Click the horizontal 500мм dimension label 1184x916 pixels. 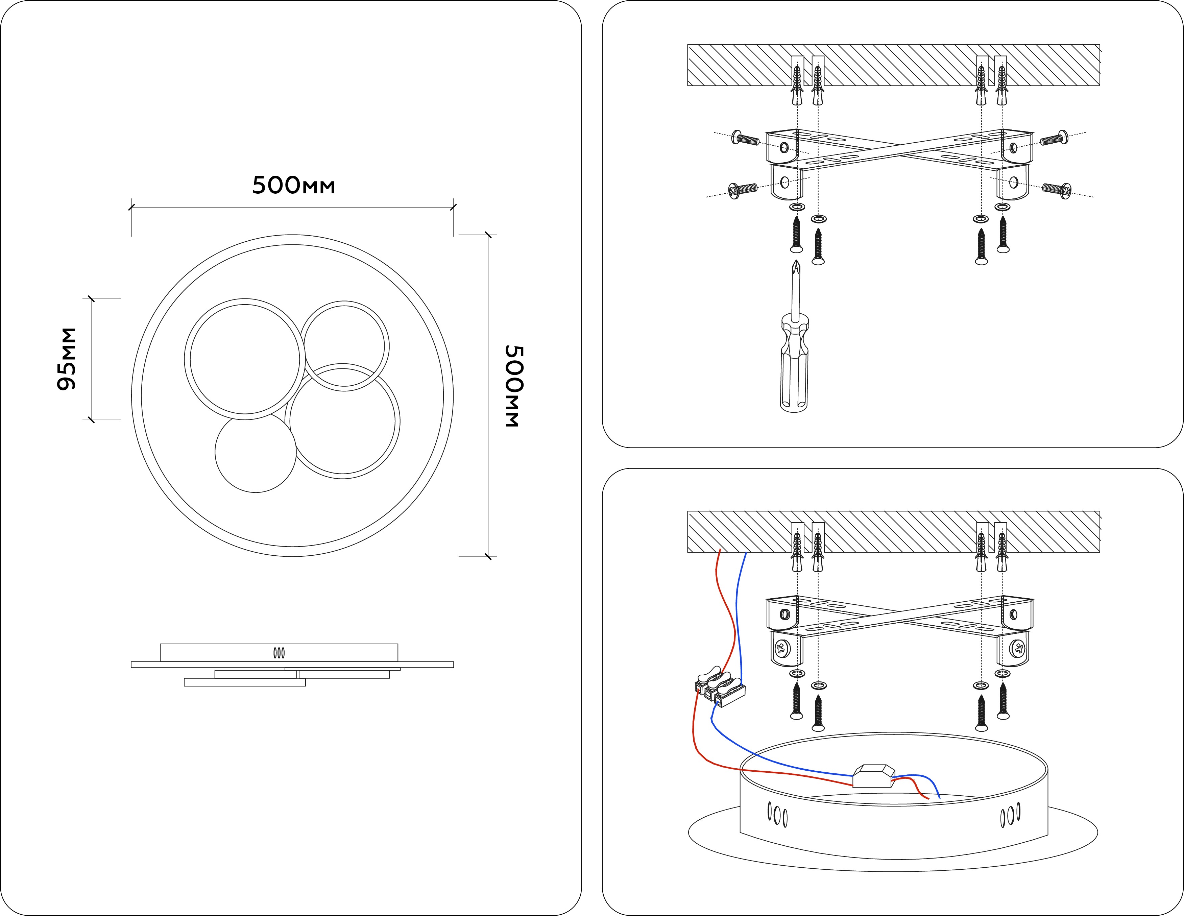coord(293,185)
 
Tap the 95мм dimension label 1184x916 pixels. coord(67,359)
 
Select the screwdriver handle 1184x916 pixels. coord(794,363)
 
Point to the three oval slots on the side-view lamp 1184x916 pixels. coord(279,653)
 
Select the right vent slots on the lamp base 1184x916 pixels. coord(1010,815)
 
